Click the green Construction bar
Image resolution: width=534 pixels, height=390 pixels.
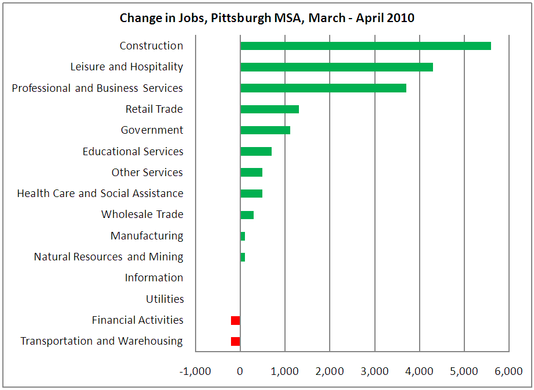(366, 46)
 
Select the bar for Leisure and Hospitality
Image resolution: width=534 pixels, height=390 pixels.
(337, 67)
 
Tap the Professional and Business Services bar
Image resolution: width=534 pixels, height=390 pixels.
(323, 88)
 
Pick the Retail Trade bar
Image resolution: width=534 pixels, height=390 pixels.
(269, 109)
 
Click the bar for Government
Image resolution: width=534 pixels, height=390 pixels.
(265, 130)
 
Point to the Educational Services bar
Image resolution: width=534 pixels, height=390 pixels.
(256, 152)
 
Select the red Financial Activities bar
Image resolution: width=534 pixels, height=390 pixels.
(235, 320)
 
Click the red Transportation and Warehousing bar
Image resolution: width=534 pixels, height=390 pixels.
(235, 341)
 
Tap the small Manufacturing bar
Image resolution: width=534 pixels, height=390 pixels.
(243, 236)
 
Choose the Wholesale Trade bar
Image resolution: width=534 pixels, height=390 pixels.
(247, 215)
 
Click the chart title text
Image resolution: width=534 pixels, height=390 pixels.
(267, 18)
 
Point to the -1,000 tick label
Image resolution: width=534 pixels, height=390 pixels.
(196, 371)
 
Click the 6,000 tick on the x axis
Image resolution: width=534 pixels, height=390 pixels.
(509, 371)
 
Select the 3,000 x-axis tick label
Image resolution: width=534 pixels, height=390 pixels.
(374, 371)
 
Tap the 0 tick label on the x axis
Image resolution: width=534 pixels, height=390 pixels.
(240, 371)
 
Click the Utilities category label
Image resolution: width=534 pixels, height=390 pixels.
(165, 299)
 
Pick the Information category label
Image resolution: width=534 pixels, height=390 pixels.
(154, 278)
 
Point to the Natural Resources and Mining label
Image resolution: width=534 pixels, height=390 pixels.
(109, 257)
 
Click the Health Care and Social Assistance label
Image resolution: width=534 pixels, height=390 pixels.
(100, 194)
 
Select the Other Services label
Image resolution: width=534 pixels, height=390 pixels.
(147, 173)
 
